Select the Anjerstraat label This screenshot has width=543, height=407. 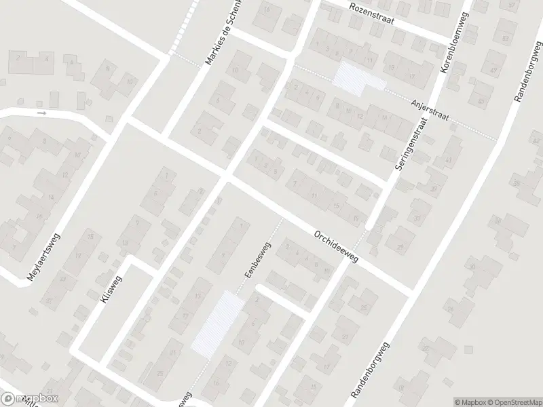431,109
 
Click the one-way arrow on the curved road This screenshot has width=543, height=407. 42,113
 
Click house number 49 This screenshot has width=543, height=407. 493,71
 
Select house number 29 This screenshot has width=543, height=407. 400,246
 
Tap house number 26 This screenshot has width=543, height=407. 451,309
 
